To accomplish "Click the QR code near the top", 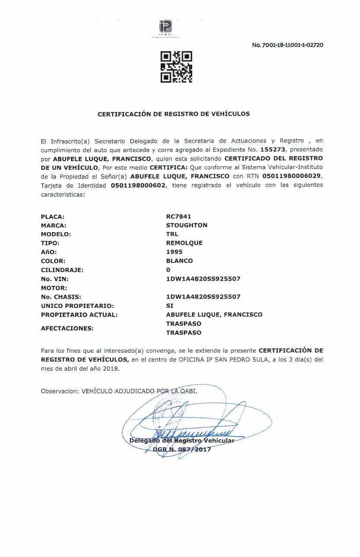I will pyautogui.click(x=176, y=67).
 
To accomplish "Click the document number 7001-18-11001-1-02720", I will pyautogui.click(x=287, y=45).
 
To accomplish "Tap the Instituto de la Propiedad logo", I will pyautogui.click(x=165, y=29).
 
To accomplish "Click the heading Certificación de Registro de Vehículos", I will pyautogui.click(x=174, y=114).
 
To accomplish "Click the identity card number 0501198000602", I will pyautogui.click(x=138, y=186).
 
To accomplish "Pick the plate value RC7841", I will pyautogui.click(x=178, y=216).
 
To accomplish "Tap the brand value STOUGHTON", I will pyautogui.click(x=187, y=225).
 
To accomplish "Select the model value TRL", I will pyautogui.click(x=172, y=234).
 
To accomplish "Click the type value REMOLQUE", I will pyautogui.click(x=184, y=243).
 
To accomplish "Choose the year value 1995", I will pyautogui.click(x=174, y=252).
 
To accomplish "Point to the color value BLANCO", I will pyautogui.click(x=179, y=261).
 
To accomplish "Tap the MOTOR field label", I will pyautogui.click(x=54, y=288).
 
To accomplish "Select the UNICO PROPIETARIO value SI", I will pyautogui.click(x=169, y=305).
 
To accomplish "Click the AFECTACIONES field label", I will pyautogui.click(x=67, y=328).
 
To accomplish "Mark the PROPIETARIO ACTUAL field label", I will pyautogui.click(x=79, y=314).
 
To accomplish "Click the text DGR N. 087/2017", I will pyautogui.click(x=182, y=449).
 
